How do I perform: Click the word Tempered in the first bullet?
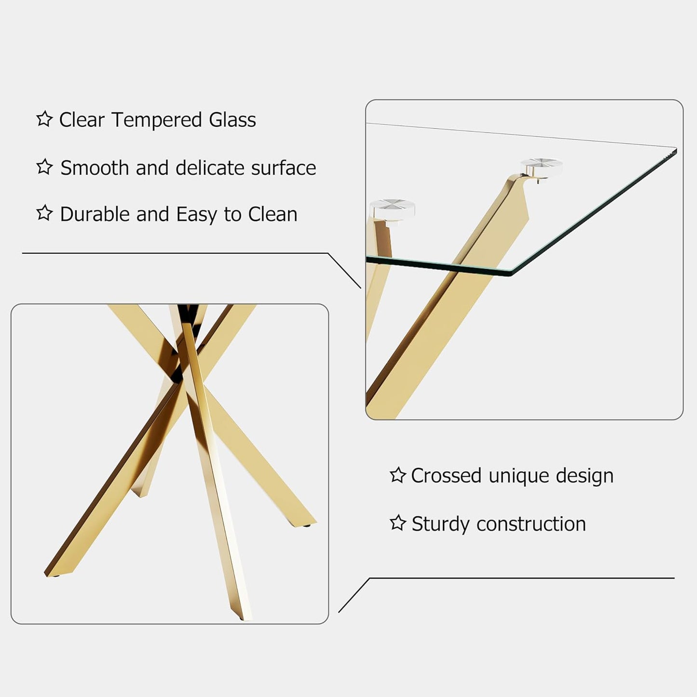[157, 120]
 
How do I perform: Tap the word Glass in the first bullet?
[232, 120]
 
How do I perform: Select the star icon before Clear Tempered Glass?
[44, 119]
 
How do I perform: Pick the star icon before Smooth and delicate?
[44, 166]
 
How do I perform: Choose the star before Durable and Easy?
[44, 213]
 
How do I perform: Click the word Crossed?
[446, 476]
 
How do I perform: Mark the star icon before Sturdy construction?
[397, 522]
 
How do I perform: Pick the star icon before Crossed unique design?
[397, 475]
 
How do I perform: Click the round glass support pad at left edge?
[392, 208]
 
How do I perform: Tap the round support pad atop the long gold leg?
[541, 166]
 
